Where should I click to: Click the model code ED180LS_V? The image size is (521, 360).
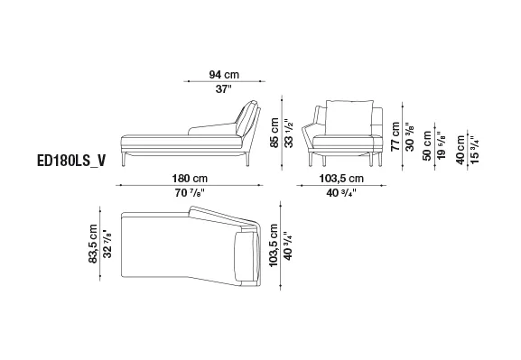pyautogui.click(x=71, y=161)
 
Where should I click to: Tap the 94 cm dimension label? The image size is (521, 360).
pyautogui.click(x=224, y=74)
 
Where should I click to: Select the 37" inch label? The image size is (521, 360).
pyautogui.click(x=223, y=88)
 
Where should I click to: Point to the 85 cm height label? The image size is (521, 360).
pyautogui.click(x=274, y=134)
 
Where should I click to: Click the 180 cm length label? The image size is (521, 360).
pyautogui.click(x=190, y=179)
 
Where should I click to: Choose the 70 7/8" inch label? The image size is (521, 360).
pyautogui.click(x=190, y=192)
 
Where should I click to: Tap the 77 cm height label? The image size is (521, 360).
pyautogui.click(x=395, y=136)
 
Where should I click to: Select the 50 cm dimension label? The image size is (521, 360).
pyautogui.click(x=427, y=145)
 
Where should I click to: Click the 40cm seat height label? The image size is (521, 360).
pyautogui.click(x=461, y=150)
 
